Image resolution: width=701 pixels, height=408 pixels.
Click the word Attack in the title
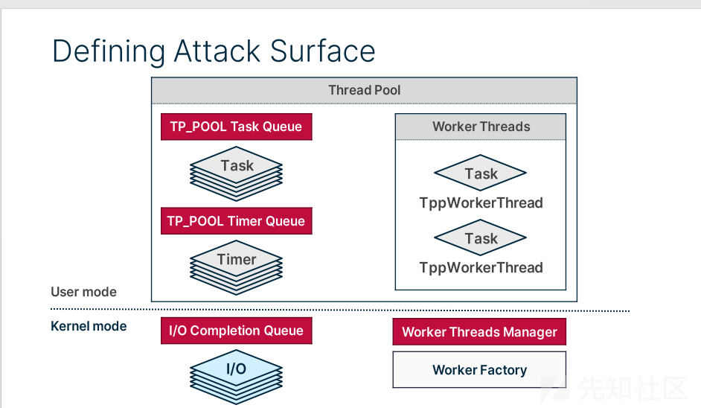click(217, 51)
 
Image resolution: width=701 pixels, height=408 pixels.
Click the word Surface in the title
click(322, 51)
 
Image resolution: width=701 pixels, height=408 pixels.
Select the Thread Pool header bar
click(365, 90)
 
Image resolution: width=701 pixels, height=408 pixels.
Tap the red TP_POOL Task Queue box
click(237, 127)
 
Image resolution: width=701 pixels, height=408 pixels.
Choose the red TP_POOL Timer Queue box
click(237, 220)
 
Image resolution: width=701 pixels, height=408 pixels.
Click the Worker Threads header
click(481, 127)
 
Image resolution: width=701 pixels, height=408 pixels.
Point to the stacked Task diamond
click(236, 173)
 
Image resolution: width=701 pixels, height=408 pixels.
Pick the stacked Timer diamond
click(236, 267)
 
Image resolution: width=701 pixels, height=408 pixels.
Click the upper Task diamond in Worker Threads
click(481, 173)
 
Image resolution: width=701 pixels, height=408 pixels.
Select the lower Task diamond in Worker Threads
click(481, 238)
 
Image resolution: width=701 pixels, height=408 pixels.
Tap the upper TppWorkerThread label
click(481, 203)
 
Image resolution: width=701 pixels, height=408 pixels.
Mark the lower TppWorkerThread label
click(481, 267)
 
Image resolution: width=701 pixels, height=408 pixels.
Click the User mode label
click(83, 292)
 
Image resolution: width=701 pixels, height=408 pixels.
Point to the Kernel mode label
click(89, 326)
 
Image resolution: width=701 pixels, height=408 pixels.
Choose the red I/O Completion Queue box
click(237, 331)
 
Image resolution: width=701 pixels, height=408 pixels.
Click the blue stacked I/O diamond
click(236, 377)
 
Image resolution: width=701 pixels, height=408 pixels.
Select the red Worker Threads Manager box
click(479, 331)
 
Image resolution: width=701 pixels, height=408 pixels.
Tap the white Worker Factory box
click(479, 369)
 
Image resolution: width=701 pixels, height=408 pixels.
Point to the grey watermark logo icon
click(554, 389)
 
